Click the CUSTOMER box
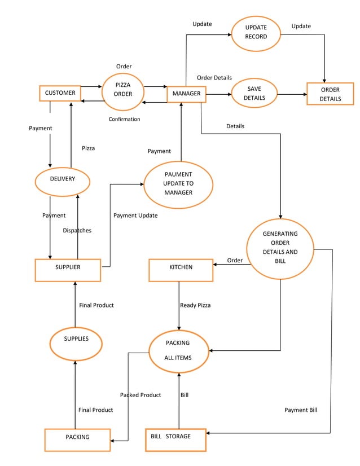click(60, 93)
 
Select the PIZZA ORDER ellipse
click(122, 90)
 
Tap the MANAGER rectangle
click(186, 94)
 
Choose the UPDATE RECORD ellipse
click(256, 32)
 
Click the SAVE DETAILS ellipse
click(254, 93)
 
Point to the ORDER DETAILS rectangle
click(330, 94)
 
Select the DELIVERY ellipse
click(62, 179)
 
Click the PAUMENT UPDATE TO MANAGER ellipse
click(178, 184)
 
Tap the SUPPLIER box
click(68, 270)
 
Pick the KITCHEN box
click(181, 270)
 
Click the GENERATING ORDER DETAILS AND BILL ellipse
click(280, 248)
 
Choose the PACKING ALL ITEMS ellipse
click(178, 351)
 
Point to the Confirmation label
click(124, 120)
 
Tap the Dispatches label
click(77, 231)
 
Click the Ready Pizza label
click(195, 305)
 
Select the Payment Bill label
click(300, 410)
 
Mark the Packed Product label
click(140, 395)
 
